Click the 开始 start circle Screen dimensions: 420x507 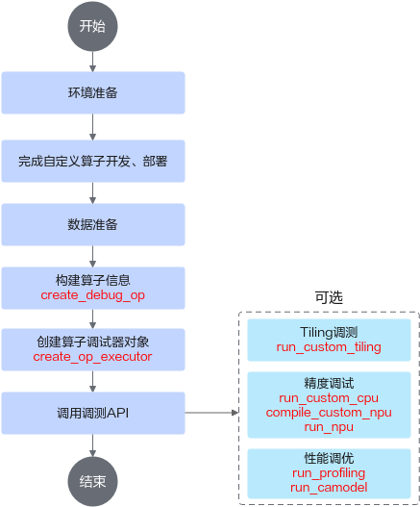coord(92,26)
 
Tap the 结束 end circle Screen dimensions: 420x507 coord(92,481)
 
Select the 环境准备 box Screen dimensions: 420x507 coord(93,92)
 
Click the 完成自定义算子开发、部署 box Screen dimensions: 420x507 coord(93,161)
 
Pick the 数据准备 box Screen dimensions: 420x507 coord(93,224)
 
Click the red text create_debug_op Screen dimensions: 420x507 coord(92,295)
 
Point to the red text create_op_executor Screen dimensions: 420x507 coord(92,357)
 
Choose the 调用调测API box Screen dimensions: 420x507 coord(93,413)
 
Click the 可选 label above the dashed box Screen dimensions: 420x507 coord(329,297)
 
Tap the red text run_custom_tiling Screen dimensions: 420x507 coord(329,347)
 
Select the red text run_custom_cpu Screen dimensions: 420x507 coord(329,398)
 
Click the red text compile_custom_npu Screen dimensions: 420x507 coord(329,413)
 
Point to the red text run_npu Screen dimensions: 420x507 coord(329,427)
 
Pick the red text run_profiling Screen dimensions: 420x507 coord(329,473)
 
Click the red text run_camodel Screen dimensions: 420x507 coord(329,487)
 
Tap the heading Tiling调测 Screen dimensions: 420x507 coord(329,333)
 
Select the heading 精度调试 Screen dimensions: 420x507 coord(329,384)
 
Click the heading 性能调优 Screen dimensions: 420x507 coord(329,459)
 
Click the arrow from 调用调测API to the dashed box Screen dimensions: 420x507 coord(211,413)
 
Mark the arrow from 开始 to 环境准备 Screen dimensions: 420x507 coord(92,62)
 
